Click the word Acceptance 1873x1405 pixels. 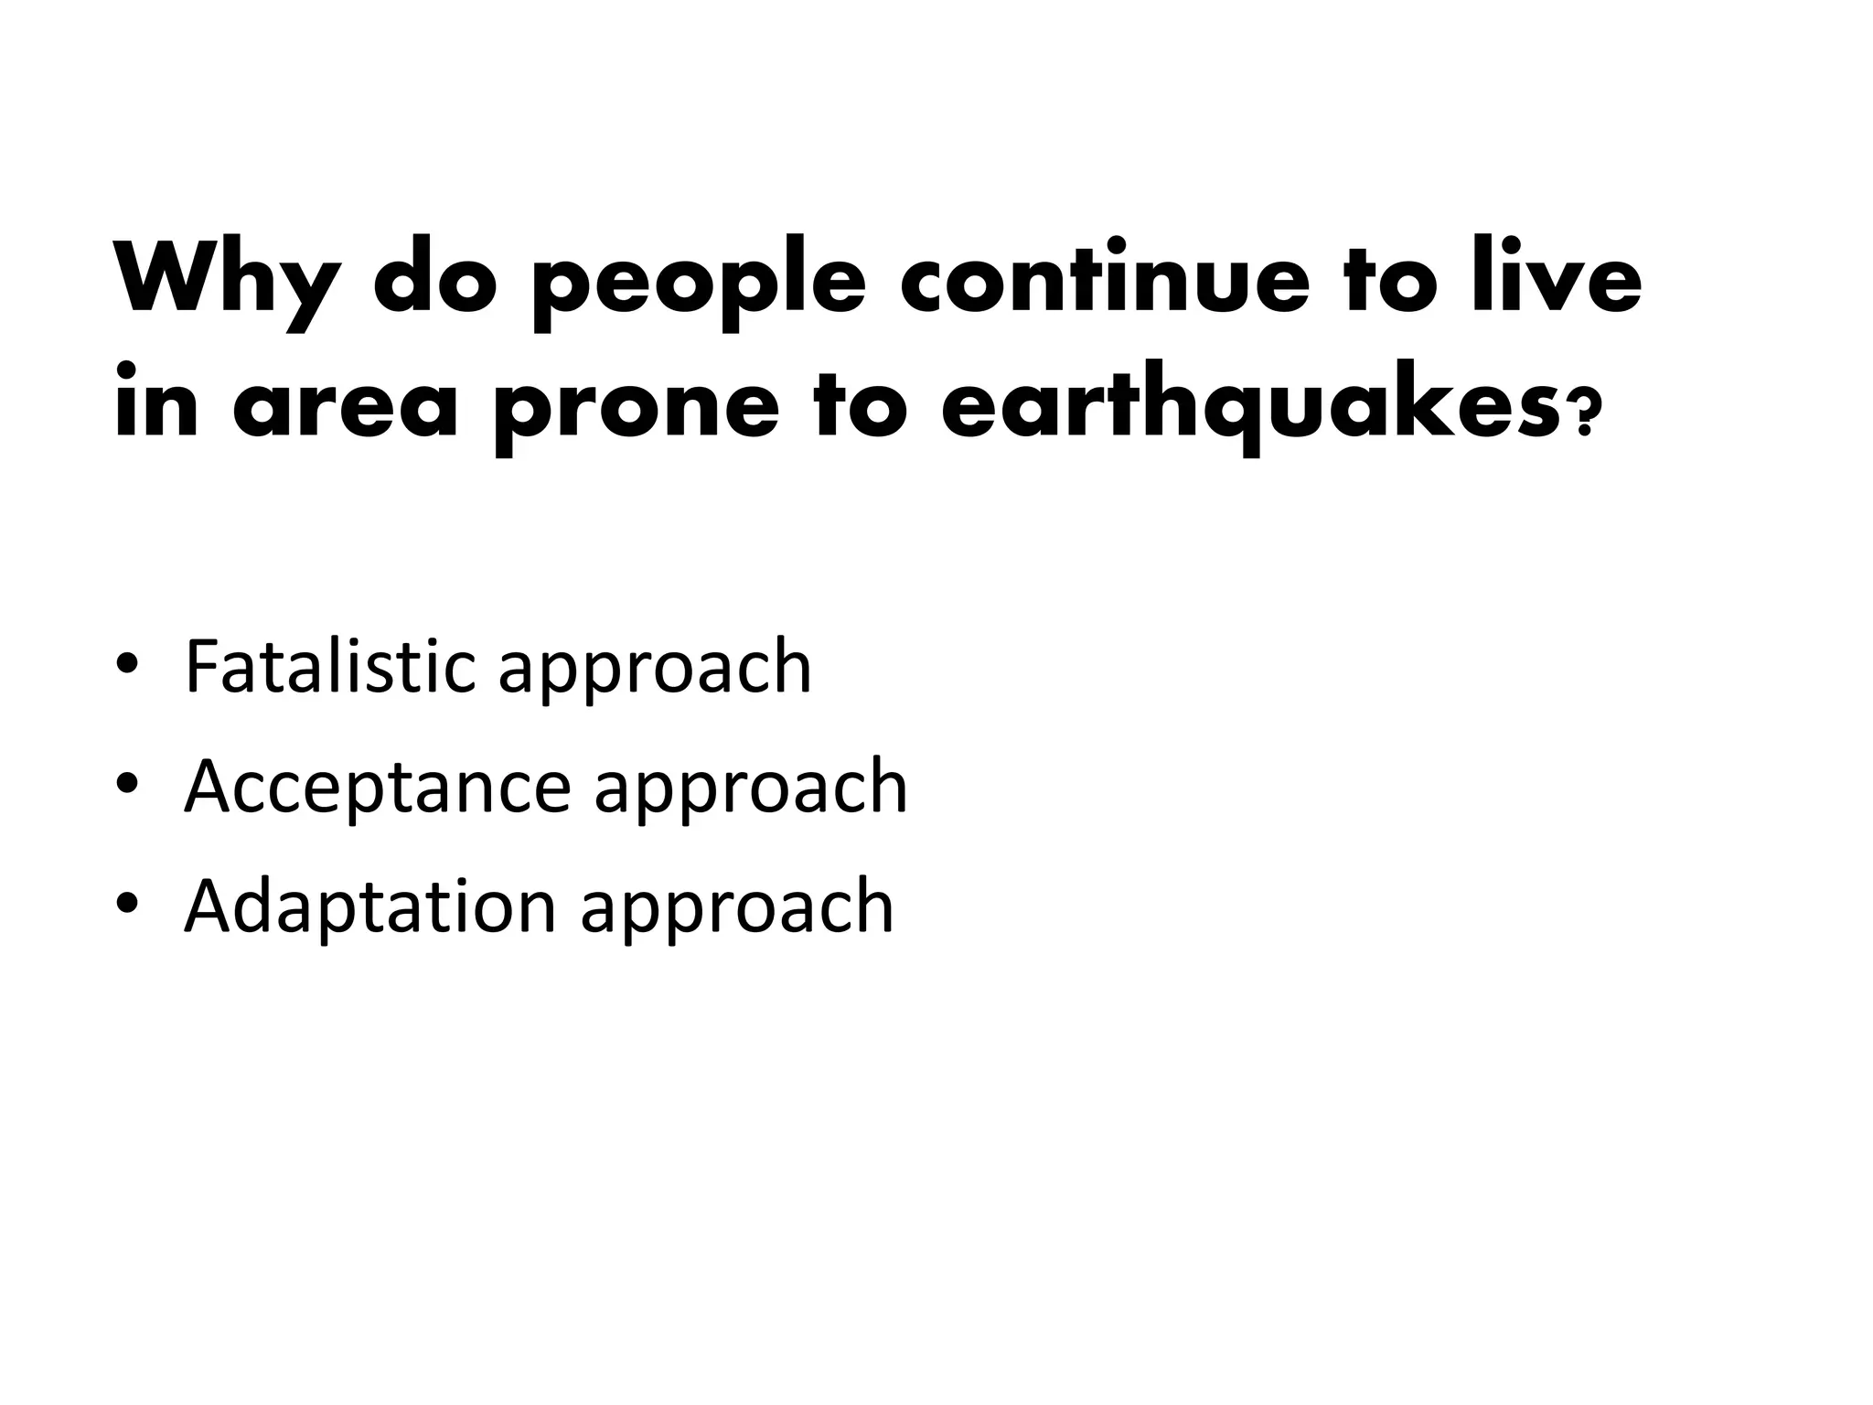click(377, 788)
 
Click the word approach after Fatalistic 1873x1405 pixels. click(655, 673)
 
